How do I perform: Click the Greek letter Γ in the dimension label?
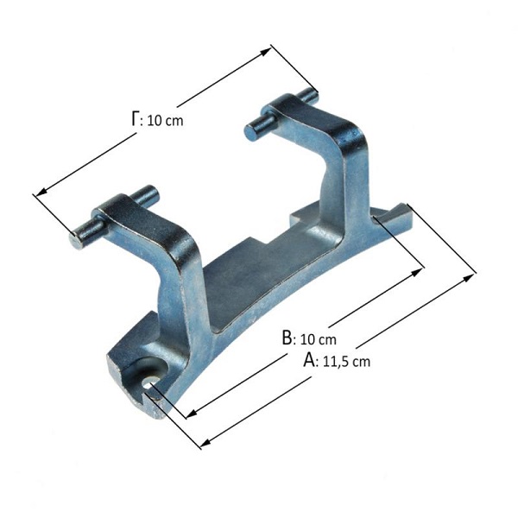click(135, 119)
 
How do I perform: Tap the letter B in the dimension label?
click(287, 338)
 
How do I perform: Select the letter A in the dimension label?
click(309, 359)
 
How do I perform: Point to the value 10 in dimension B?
click(307, 339)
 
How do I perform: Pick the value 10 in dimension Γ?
click(154, 121)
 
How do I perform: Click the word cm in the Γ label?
click(174, 122)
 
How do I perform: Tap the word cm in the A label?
click(361, 363)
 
